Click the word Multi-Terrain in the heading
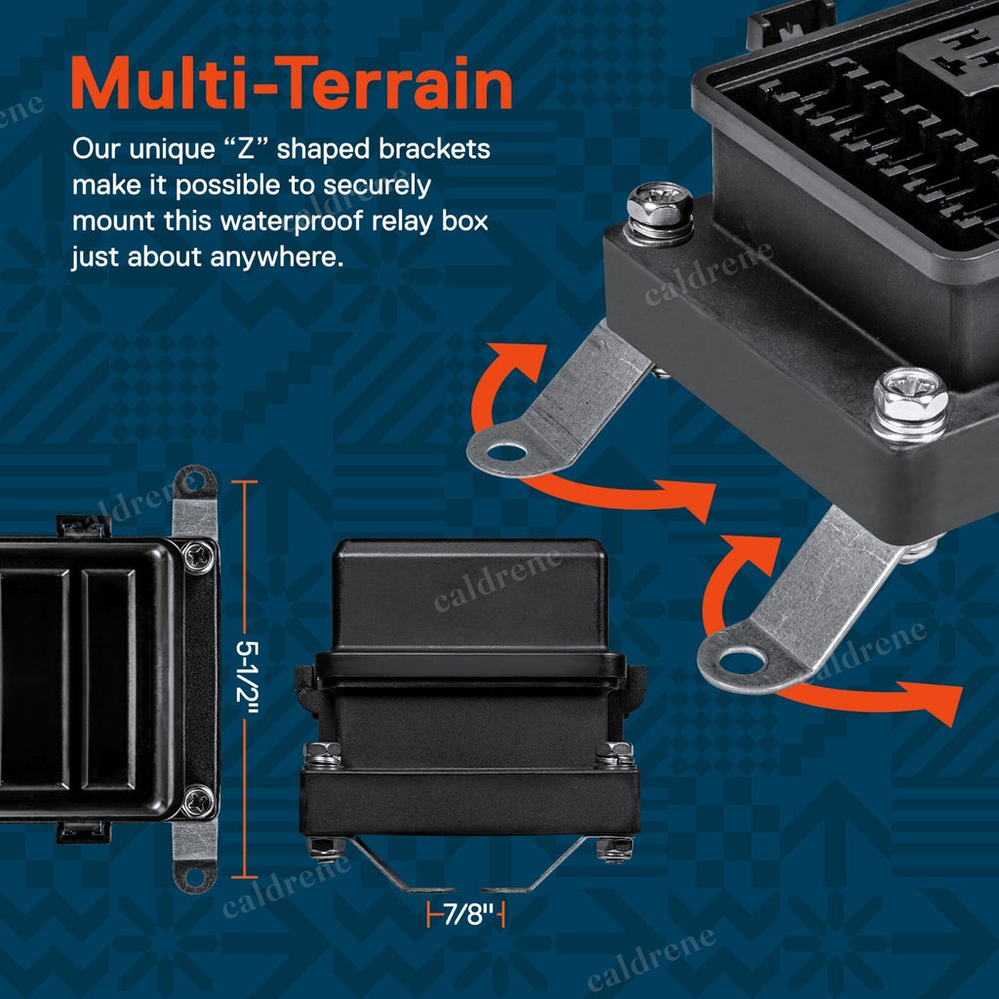tap(292, 84)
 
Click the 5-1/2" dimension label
tap(247, 679)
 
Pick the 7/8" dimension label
tap(467, 915)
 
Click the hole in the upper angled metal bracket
tap(507, 454)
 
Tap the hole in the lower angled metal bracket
tap(739, 662)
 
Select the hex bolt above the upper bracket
tap(659, 212)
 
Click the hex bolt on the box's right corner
tap(909, 404)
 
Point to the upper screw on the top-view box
tap(199, 555)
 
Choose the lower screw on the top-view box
tap(199, 802)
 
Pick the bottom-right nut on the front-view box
tap(615, 850)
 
